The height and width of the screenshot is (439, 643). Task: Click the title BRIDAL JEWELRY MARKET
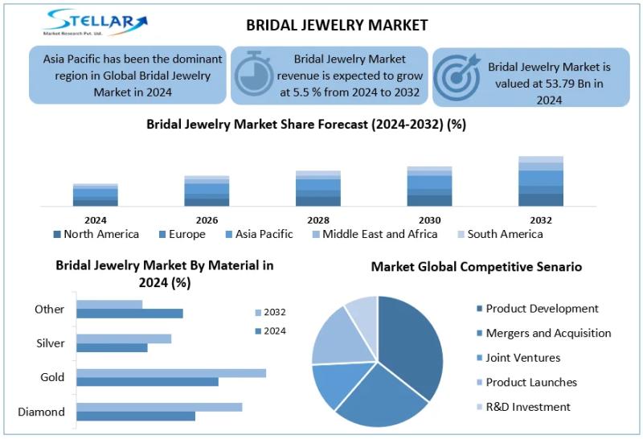tap(337, 25)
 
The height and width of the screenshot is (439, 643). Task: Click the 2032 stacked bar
tap(541, 181)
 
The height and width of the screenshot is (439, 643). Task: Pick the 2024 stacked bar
tap(95, 195)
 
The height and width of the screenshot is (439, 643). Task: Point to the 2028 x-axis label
tap(318, 220)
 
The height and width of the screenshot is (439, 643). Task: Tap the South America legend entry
tap(499, 234)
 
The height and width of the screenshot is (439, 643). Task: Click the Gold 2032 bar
tap(171, 373)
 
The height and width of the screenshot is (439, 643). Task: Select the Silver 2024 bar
tap(113, 348)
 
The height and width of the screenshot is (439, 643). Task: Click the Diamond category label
tap(42, 412)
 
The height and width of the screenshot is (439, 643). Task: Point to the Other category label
tap(50, 310)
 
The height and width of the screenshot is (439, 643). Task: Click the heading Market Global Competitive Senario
tap(476, 266)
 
